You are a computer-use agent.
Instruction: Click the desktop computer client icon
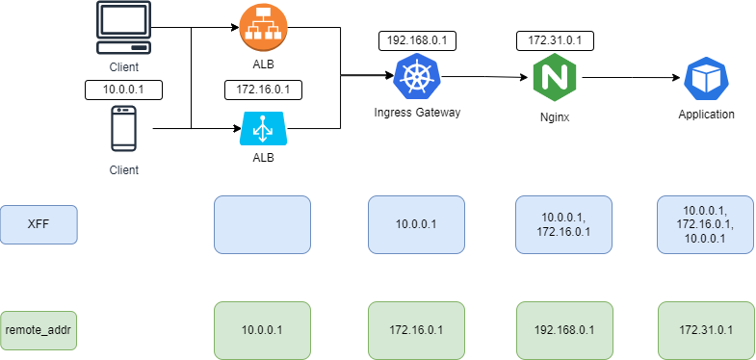(123, 28)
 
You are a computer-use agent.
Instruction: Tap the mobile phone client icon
(122, 129)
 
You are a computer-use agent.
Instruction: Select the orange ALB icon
(263, 28)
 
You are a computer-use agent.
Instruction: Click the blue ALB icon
(263, 128)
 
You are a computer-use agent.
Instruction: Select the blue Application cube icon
(705, 79)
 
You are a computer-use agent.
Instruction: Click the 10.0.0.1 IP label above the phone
(122, 90)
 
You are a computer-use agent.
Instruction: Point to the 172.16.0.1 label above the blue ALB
(263, 90)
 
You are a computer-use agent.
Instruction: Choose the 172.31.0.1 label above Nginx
(555, 40)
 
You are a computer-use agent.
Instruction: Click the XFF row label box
(39, 224)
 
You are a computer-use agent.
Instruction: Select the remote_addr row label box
(39, 329)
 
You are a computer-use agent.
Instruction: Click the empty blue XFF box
(262, 224)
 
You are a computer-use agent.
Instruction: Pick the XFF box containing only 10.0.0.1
(416, 224)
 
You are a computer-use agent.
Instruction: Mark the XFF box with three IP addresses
(705, 224)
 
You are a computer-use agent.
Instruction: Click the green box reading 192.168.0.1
(563, 329)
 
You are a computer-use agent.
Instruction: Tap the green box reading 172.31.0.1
(705, 329)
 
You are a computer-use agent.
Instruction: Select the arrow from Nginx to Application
(630, 78)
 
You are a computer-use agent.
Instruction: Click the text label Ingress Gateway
(417, 113)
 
